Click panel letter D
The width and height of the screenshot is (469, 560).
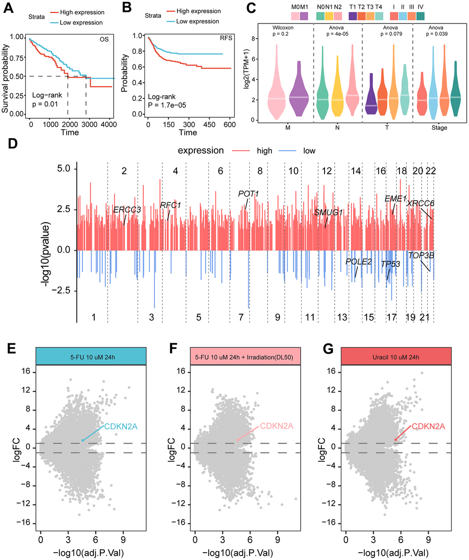tap(12, 144)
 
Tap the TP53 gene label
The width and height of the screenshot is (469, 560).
tap(390, 264)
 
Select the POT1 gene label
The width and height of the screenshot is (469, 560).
tap(248, 194)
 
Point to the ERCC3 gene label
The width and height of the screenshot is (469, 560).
tap(127, 210)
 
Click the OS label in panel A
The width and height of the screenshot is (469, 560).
tap(104, 39)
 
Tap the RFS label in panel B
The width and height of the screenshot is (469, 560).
tap(226, 38)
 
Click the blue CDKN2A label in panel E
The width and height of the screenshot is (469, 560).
tap(120, 427)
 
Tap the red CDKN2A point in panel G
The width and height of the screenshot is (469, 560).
tap(395, 439)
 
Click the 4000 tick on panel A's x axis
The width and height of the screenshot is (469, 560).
tap(107, 124)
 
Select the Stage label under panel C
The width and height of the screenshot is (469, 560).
tap(439, 127)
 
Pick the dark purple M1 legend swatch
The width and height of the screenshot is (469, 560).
tap(304, 16)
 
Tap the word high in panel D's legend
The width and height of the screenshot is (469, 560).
tap(265, 151)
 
